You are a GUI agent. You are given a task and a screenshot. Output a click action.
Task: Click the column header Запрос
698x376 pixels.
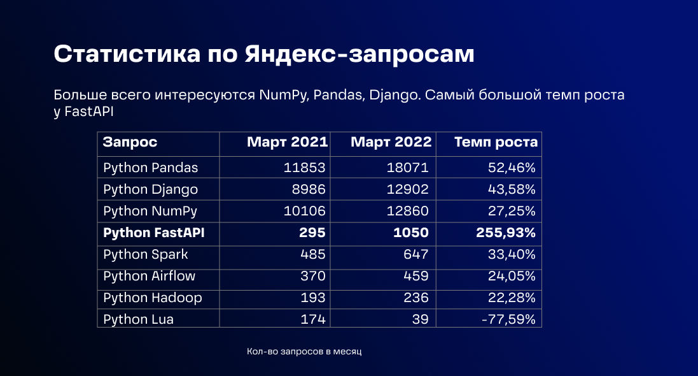tap(130, 143)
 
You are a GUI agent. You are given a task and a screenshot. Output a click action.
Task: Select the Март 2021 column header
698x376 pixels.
tap(287, 143)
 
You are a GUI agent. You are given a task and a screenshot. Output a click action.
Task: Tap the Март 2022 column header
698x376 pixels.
tap(391, 143)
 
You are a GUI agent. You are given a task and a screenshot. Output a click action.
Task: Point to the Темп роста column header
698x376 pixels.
tap(496, 143)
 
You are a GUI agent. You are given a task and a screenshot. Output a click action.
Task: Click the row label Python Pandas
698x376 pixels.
tap(150, 168)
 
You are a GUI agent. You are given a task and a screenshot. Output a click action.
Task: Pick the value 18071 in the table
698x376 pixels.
tap(407, 168)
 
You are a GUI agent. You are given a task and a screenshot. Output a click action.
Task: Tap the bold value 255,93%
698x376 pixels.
tap(505, 233)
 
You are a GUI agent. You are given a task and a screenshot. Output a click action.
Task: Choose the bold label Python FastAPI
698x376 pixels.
tap(153, 233)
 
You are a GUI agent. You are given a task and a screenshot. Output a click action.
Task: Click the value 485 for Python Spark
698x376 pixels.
tap(313, 254)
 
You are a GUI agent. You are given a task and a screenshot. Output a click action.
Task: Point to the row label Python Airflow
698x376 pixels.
tap(149, 276)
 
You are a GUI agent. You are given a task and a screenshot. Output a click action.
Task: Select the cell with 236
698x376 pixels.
tap(417, 298)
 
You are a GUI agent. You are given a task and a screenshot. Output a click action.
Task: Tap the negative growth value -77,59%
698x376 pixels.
tap(507, 319)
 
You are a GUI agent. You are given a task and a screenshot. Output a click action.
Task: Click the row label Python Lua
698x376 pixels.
tap(138, 319)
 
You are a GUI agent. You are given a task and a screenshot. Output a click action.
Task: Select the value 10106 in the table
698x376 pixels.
tap(305, 211)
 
